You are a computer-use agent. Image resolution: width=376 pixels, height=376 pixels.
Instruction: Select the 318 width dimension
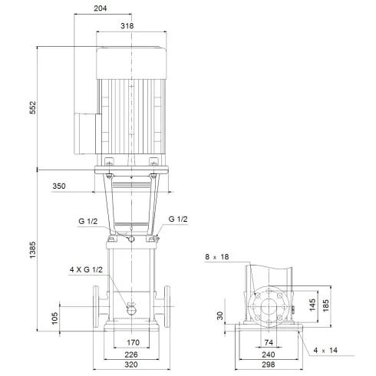138,25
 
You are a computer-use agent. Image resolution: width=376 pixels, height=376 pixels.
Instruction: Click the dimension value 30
218,315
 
